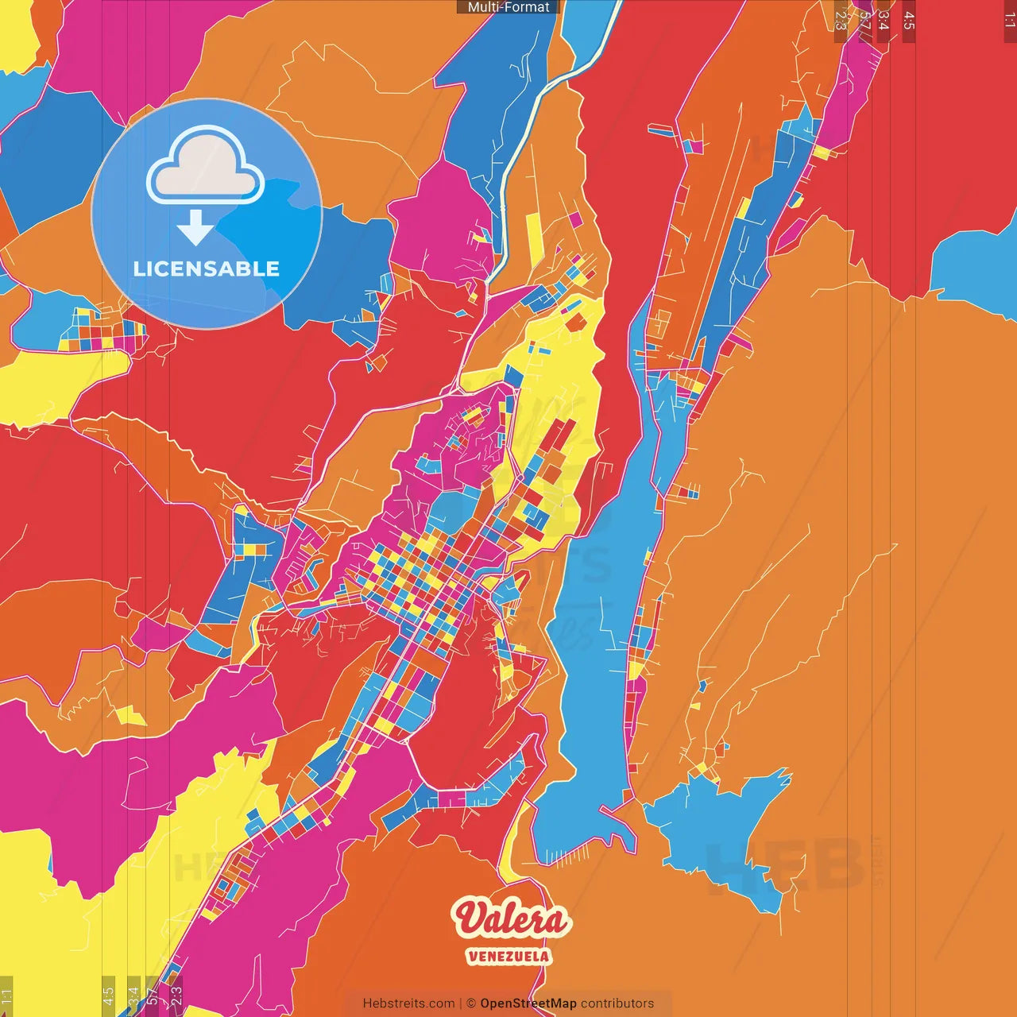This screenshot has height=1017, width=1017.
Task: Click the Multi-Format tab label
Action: [x=508, y=7]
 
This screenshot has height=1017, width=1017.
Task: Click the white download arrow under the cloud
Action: [x=195, y=227]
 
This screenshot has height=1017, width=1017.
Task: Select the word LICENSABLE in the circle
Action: [x=206, y=269]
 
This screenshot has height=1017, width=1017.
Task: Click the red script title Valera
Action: [x=511, y=919]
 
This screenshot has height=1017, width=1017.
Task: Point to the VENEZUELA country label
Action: [x=508, y=956]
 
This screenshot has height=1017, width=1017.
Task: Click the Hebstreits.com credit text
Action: [x=408, y=1003]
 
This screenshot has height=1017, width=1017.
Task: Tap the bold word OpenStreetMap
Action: [x=528, y=1003]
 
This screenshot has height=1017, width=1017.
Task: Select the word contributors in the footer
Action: [x=617, y=1003]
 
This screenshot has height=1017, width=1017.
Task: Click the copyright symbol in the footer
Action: [x=470, y=1003]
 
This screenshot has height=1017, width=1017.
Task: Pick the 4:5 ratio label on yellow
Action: [x=109, y=996]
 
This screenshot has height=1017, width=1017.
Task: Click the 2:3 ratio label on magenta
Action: [x=176, y=994]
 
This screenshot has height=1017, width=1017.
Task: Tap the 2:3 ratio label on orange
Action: [x=841, y=17]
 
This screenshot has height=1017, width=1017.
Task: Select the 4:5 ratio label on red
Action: [x=909, y=19]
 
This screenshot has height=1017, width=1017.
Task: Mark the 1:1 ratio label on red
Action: [x=1010, y=19]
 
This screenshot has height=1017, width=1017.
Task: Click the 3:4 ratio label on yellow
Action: [x=133, y=995]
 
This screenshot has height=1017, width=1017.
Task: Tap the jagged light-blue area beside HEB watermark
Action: [x=715, y=826]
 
